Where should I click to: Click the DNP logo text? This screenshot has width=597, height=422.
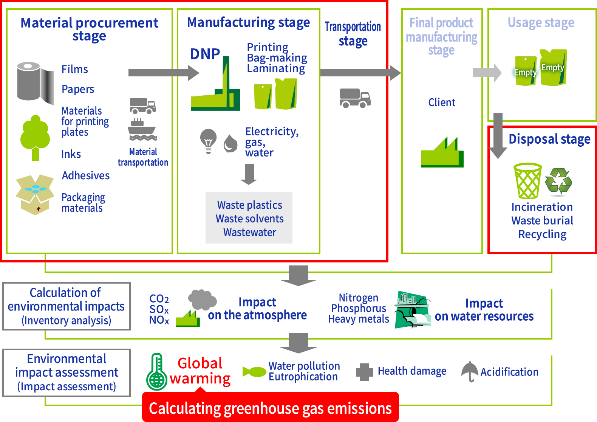click(205, 54)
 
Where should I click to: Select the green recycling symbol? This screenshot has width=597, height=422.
click(558, 181)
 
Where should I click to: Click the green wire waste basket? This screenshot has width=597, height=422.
click(527, 181)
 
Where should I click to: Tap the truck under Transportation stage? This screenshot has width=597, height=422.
click(355, 98)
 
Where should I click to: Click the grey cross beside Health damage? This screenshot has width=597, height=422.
click(364, 372)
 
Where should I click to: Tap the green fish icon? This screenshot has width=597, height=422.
click(254, 372)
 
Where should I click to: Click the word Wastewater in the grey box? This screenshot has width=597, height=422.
click(249, 232)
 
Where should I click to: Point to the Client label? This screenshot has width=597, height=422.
click(442, 102)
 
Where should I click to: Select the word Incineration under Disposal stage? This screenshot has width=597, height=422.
click(542, 207)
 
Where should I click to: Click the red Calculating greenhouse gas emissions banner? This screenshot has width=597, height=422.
click(270, 408)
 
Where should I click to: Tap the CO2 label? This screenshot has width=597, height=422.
click(159, 299)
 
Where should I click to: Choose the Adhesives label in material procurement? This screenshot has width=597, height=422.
click(86, 175)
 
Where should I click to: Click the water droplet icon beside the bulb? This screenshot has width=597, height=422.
click(230, 143)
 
